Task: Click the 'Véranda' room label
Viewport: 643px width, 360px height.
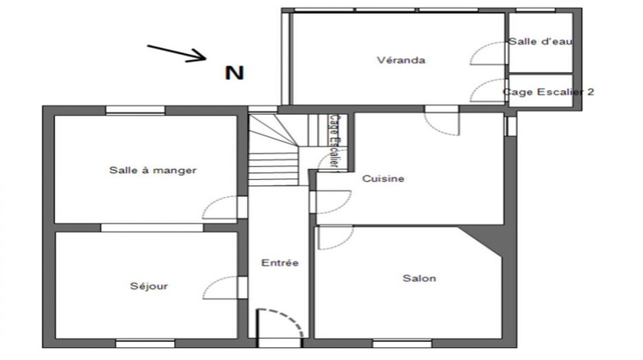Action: coord(401,60)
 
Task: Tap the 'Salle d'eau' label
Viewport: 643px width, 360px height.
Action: coord(540,41)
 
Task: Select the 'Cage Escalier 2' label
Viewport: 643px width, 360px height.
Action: coord(548,92)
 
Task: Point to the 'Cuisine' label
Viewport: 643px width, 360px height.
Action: coord(382,179)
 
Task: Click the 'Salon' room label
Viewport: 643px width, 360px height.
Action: coord(419,279)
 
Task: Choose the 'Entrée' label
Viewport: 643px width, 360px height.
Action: coord(279,263)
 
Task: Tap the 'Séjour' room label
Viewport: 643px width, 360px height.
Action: coord(148,286)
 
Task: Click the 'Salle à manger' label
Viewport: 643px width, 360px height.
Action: coord(153,170)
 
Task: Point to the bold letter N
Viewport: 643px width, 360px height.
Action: coord(234,73)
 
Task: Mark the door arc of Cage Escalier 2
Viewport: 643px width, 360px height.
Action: coord(488,88)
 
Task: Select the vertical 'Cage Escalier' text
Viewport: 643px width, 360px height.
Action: coord(334,141)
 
